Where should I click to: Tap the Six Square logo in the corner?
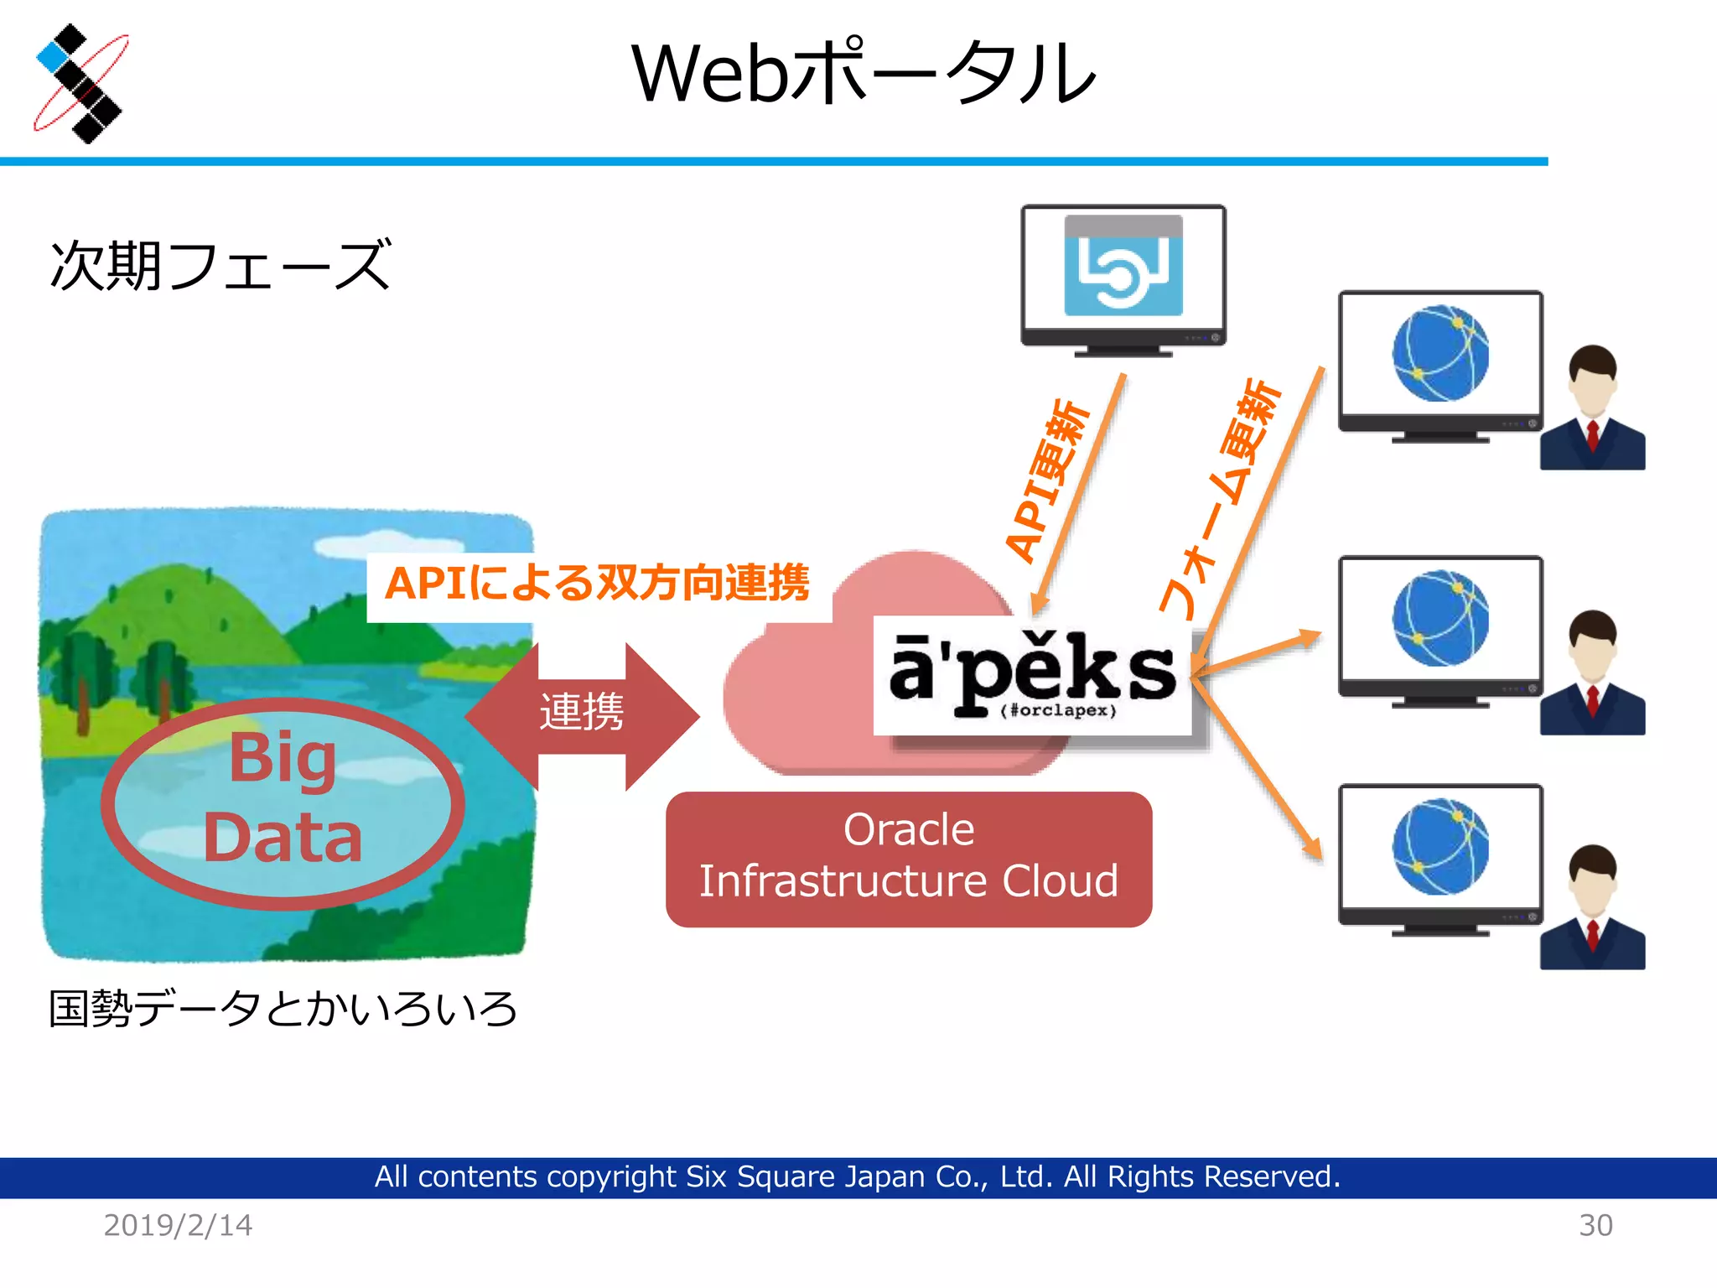point(80,84)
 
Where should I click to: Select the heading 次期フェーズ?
point(220,266)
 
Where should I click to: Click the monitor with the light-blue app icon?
point(1123,277)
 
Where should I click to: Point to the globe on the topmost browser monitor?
point(1440,353)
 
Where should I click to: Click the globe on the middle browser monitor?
point(1440,618)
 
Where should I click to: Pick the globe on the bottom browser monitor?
point(1440,847)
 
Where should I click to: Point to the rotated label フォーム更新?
point(1221,499)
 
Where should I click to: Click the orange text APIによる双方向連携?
point(597,583)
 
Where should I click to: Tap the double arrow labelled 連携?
point(582,714)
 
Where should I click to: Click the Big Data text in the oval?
point(283,797)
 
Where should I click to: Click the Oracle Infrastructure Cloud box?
point(909,857)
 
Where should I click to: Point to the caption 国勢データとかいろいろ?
point(283,1009)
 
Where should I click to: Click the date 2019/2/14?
point(178,1225)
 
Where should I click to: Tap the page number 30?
point(1595,1225)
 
